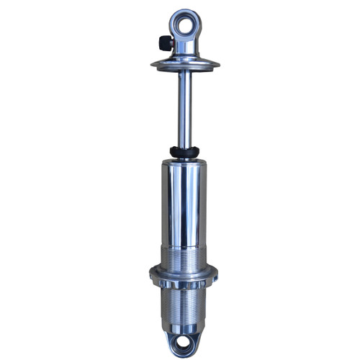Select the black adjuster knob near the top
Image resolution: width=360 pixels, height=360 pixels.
(165, 42)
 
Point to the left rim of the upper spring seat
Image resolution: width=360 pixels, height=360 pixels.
(154, 65)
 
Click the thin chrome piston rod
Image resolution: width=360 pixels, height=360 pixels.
(185, 108)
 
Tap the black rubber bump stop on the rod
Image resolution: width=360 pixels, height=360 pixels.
(184, 152)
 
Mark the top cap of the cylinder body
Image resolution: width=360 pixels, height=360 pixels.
(184, 163)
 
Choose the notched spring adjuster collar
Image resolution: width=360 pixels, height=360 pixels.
(184, 274)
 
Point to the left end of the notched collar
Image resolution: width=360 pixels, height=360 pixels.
(152, 273)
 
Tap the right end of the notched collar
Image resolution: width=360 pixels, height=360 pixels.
(216, 273)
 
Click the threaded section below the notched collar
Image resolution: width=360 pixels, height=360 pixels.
(184, 302)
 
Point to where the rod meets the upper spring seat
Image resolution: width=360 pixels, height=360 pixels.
(185, 72)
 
